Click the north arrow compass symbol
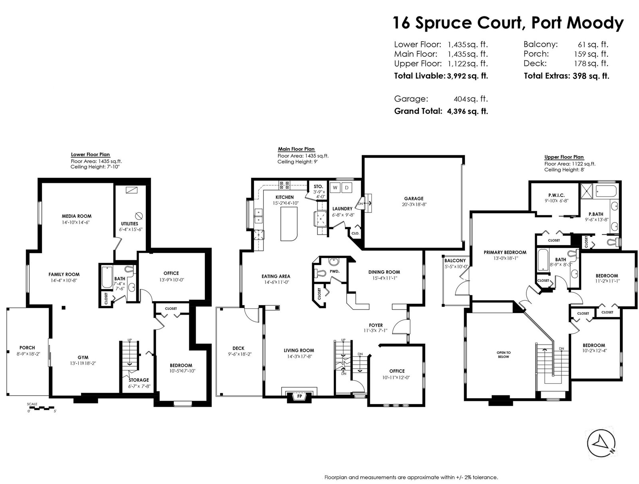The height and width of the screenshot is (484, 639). [601, 443]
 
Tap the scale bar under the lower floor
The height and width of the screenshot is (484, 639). [42, 408]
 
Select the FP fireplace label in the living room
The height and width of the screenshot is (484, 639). [299, 396]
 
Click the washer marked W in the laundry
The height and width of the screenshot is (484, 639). [335, 188]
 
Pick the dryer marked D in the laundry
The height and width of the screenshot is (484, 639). [347, 188]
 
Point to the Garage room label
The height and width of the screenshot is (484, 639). [413, 198]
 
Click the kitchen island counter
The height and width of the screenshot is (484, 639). [289, 224]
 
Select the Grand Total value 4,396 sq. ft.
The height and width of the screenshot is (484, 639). [467, 111]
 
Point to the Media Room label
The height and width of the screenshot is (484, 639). [77, 216]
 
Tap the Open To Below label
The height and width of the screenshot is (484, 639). [503, 355]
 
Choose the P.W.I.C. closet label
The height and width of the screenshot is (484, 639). [556, 195]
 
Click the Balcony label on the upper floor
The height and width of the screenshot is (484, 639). [455, 260]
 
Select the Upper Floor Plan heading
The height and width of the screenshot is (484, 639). [564, 157]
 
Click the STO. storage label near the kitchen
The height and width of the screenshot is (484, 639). [318, 186]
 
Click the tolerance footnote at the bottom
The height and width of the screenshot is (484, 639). [411, 478]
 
